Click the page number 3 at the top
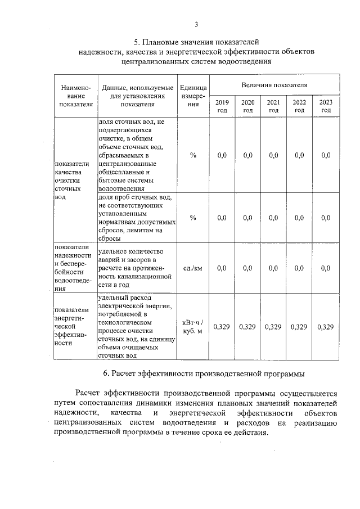click(x=196, y=24)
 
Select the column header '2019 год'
click(x=222, y=106)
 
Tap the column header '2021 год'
click(x=273, y=106)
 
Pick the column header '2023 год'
click(x=326, y=106)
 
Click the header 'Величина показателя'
click(x=274, y=85)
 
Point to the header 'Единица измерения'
click(x=193, y=96)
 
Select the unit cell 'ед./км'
click(x=193, y=268)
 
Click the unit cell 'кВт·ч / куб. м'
click(x=193, y=326)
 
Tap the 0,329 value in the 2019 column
click(x=222, y=327)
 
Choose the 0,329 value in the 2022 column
click(x=299, y=327)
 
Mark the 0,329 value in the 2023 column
click(x=326, y=327)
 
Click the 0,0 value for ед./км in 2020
click(x=247, y=268)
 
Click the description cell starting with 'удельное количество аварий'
click(x=134, y=268)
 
